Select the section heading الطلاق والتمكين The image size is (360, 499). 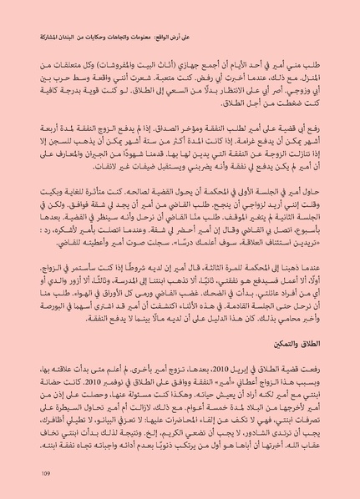click(299, 365)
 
